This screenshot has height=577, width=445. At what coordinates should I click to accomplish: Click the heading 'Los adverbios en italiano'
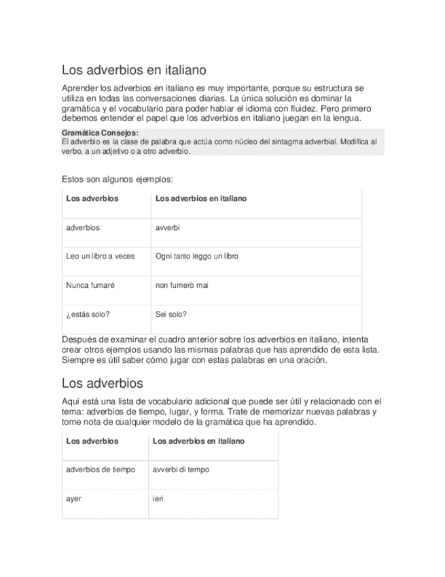(134, 69)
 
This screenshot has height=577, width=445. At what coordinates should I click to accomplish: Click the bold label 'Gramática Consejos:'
(100, 133)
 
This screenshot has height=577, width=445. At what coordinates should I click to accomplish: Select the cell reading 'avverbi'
(168, 227)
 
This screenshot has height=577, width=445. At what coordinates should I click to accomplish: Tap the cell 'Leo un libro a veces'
(100, 256)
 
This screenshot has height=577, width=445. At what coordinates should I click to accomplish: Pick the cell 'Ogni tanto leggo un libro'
(196, 256)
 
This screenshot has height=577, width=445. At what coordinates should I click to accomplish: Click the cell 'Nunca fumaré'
(90, 285)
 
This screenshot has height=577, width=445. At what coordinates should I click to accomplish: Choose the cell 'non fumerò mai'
(181, 285)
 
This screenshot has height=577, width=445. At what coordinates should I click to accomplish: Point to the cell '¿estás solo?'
(88, 314)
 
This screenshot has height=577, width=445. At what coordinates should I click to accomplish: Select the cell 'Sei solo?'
(171, 314)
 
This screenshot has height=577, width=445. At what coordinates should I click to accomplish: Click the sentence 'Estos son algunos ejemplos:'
(117, 180)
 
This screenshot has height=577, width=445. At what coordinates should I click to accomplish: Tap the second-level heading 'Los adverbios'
(102, 382)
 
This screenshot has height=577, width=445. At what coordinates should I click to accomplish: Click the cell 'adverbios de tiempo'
(101, 469)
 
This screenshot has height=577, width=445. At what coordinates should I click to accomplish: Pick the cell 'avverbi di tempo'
(181, 469)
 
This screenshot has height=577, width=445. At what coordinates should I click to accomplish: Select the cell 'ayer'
(73, 498)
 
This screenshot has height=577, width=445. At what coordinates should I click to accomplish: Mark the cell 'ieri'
(158, 498)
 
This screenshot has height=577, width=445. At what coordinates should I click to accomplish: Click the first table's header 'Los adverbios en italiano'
(200, 199)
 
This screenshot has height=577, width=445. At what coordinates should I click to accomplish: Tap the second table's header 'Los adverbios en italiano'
(198, 441)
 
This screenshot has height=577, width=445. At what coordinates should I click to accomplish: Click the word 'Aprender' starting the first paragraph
(79, 89)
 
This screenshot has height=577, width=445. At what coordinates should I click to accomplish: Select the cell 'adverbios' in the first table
(83, 227)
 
